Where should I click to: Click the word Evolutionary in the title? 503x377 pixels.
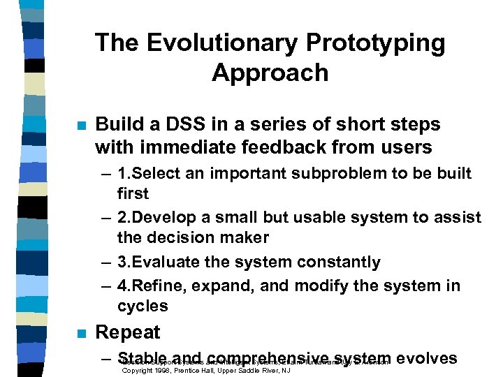[210, 43]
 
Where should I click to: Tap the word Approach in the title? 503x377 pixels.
[270, 72]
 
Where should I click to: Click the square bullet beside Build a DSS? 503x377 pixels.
[81, 126]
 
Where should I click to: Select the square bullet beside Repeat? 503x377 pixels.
[81, 333]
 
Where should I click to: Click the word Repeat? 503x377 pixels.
[128, 332]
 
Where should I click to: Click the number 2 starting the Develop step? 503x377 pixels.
[122, 217]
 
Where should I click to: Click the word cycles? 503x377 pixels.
[143, 306]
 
